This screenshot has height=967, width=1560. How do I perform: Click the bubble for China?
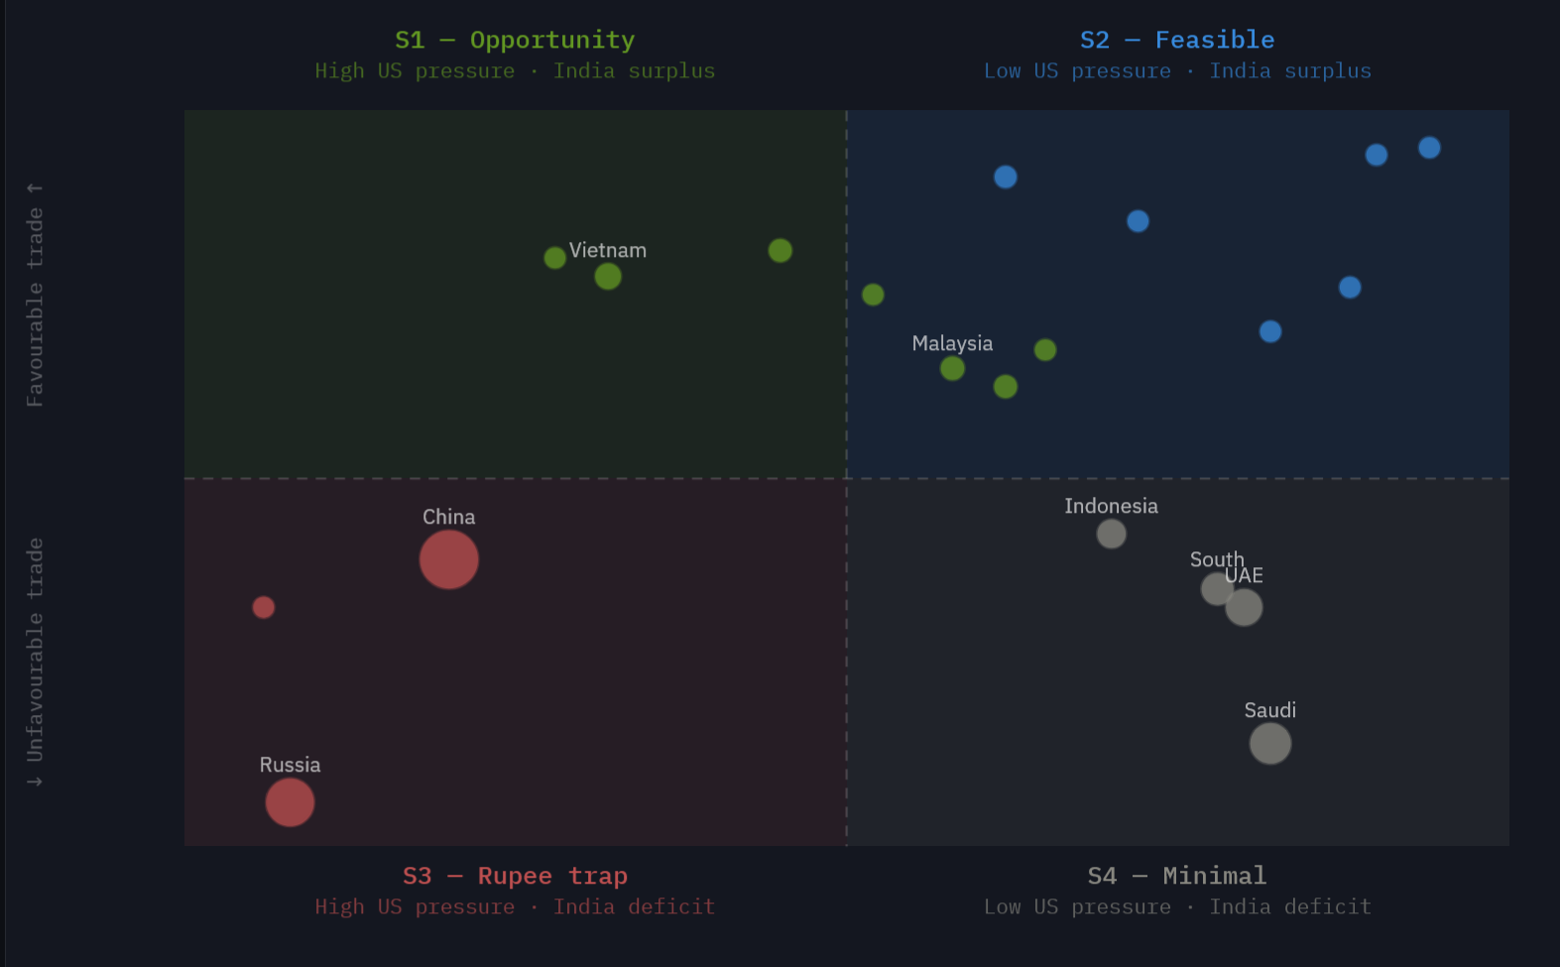click(x=448, y=559)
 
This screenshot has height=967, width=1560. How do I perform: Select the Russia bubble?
click(x=290, y=802)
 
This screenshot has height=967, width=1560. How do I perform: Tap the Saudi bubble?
click(x=1269, y=743)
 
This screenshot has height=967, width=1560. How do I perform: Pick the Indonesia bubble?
click(x=1111, y=534)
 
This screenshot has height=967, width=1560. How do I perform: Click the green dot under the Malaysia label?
click(x=952, y=369)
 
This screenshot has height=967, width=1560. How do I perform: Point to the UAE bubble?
click(x=1245, y=608)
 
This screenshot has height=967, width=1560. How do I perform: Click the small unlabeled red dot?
click(x=263, y=607)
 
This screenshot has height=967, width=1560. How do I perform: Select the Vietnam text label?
click(x=607, y=251)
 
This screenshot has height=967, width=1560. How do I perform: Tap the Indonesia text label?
click(x=1111, y=506)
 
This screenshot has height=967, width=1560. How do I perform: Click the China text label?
click(x=448, y=517)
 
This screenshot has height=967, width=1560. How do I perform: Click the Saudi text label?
click(x=1269, y=710)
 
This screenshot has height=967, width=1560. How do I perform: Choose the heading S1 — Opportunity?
click(x=514, y=40)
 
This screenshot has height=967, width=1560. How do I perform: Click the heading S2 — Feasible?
click(x=1176, y=40)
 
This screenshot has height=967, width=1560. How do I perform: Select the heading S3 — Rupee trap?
click(x=514, y=876)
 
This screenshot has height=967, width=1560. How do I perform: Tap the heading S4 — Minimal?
click(x=1176, y=876)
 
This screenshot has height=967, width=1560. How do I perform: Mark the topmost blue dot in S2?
click(x=1429, y=148)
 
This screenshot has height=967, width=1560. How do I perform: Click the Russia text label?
click(x=290, y=765)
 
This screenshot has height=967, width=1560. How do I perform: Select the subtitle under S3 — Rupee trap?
click(x=514, y=907)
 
